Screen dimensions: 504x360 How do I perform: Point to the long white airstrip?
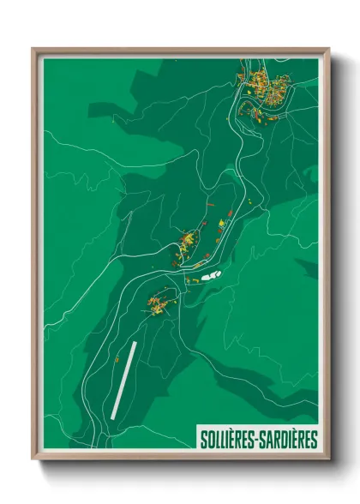tap(123, 379)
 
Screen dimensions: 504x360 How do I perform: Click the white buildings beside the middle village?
tap(210, 276)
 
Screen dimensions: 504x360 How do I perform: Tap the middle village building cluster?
tap(189, 243)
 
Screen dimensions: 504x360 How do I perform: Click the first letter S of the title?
tap(202, 440)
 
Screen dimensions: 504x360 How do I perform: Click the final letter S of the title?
tap(314, 440)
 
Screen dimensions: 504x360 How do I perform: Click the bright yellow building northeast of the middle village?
tap(222, 224)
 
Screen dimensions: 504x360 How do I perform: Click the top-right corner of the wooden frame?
tap(328, 49)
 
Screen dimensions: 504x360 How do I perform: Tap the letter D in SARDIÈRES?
tap(282, 440)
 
